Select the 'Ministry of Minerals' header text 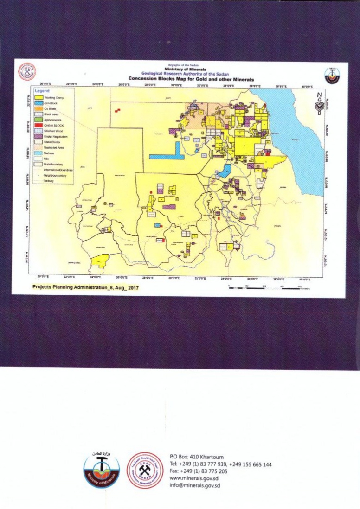(188, 70)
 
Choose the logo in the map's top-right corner (332, 75)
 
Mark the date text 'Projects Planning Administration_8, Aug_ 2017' (85, 287)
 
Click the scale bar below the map (264, 288)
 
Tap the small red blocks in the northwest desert (118, 110)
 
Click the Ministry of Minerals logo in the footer (102, 469)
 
